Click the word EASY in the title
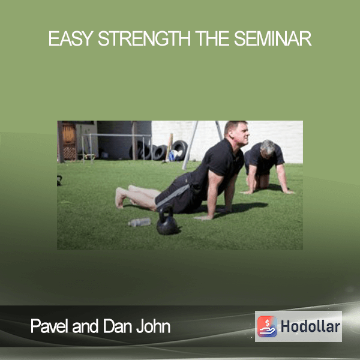pyautogui.click(x=71, y=38)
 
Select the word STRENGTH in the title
pyautogui.click(x=144, y=38)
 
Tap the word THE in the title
pyautogui.click(x=212, y=38)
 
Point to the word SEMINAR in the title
pyautogui.click(x=272, y=38)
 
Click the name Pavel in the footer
pyautogui.click(x=50, y=326)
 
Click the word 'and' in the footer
pyautogui.click(x=85, y=326)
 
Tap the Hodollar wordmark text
pyautogui.click(x=310, y=326)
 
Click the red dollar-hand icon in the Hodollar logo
pyautogui.click(x=267, y=326)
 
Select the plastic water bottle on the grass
pyautogui.click(x=139, y=222)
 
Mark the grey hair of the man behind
pyautogui.click(x=267, y=146)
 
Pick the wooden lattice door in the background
pyautogui.click(x=69, y=141)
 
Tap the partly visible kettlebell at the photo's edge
pyautogui.click(x=59, y=180)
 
